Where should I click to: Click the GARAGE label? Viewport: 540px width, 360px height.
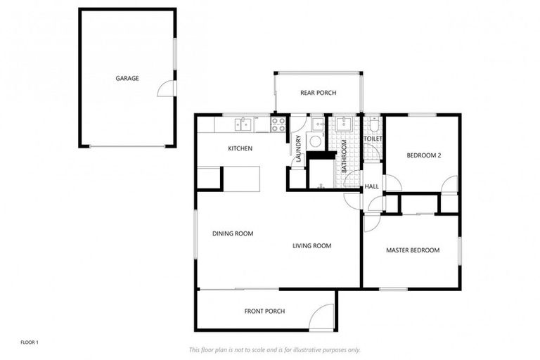point(127,78)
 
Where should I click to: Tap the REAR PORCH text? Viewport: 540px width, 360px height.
point(318,93)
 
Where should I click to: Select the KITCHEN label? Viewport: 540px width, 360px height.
point(240,148)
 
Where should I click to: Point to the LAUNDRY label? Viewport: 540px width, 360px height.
point(299,150)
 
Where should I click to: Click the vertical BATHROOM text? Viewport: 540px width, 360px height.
point(345,156)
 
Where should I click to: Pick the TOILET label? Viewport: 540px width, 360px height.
point(372,139)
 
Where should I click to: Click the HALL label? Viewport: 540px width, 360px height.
point(371,186)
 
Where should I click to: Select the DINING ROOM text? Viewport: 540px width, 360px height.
point(233,233)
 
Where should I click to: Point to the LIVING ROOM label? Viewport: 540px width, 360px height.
point(311,245)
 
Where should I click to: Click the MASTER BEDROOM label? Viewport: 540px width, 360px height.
point(413,250)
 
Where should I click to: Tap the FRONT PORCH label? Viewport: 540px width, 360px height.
point(264,311)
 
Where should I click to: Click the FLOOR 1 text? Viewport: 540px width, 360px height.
point(30,342)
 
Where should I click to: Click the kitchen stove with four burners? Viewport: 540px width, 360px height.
point(278,124)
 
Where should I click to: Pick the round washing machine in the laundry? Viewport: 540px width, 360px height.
point(316,141)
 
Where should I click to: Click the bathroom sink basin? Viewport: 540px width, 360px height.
point(343,125)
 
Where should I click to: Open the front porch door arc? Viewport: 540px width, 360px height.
point(323,316)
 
